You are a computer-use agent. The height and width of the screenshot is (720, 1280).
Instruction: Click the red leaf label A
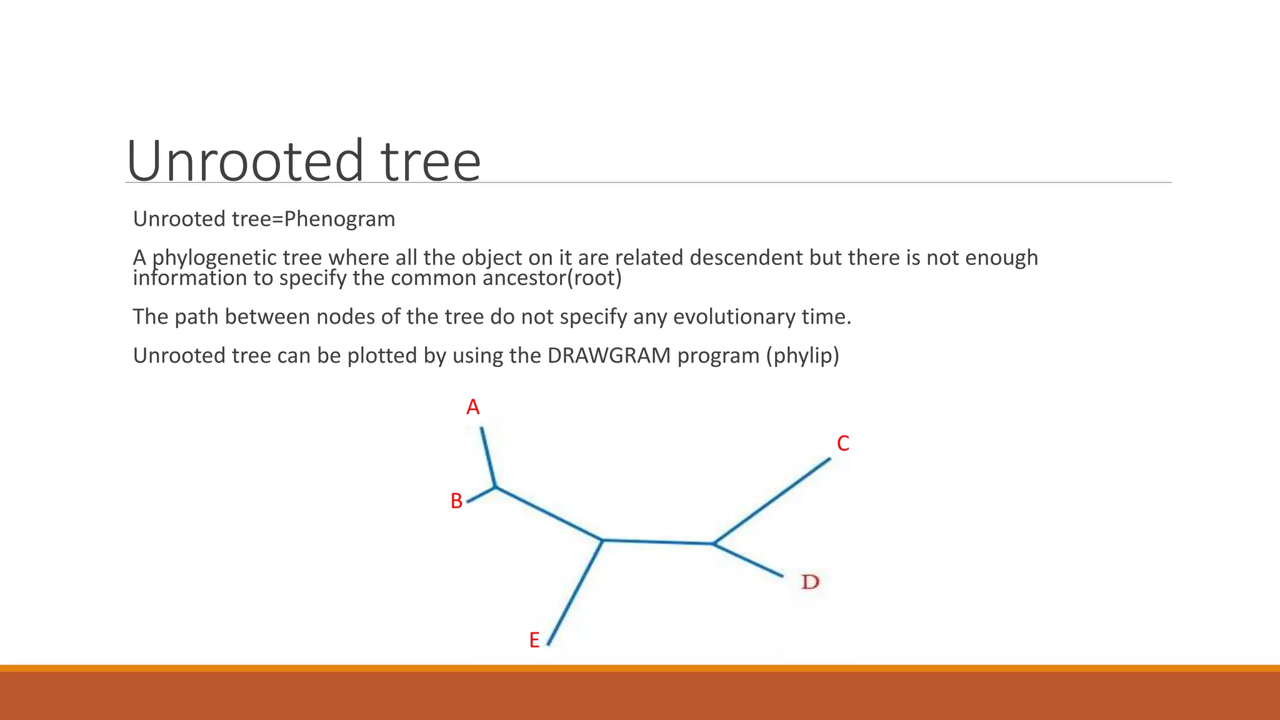(473, 407)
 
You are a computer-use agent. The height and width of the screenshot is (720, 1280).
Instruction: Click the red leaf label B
(456, 501)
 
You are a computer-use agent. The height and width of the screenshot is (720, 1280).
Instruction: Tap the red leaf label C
(843, 444)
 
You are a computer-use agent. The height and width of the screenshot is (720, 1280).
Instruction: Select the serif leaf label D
(810, 582)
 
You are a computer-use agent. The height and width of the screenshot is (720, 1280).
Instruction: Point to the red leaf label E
(534, 641)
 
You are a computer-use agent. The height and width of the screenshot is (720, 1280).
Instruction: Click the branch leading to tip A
(488, 457)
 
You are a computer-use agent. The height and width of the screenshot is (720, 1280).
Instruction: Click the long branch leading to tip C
(772, 501)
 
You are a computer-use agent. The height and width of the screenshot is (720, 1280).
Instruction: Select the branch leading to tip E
(575, 592)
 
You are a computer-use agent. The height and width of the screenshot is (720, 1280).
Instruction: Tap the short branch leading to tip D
(748, 560)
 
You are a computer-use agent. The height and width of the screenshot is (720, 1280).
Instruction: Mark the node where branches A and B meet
(496, 487)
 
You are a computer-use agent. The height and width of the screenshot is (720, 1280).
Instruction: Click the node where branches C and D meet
(713, 543)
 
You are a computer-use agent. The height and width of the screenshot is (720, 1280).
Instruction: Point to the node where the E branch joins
(602, 540)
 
